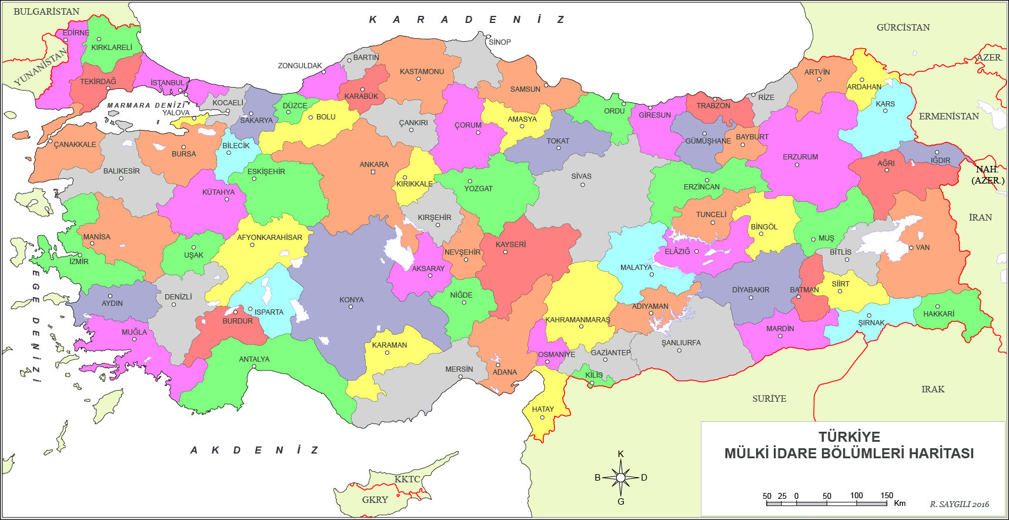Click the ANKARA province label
(x=374, y=165)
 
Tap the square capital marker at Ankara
(x=373, y=172)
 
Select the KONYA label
(x=352, y=300)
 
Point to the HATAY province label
(x=543, y=409)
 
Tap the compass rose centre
(x=620, y=478)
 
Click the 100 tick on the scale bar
(x=856, y=496)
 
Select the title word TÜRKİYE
(x=849, y=437)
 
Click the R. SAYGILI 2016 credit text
(x=959, y=504)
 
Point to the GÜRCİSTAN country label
(x=903, y=28)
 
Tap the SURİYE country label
(x=769, y=399)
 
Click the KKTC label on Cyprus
(x=407, y=479)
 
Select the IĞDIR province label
(x=940, y=160)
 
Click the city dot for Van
(x=911, y=248)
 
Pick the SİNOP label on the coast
(x=500, y=42)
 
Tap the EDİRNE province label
(x=76, y=33)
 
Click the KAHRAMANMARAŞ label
(x=577, y=320)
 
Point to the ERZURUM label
(x=800, y=157)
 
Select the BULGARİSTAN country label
(x=46, y=12)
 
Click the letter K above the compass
(x=620, y=454)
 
